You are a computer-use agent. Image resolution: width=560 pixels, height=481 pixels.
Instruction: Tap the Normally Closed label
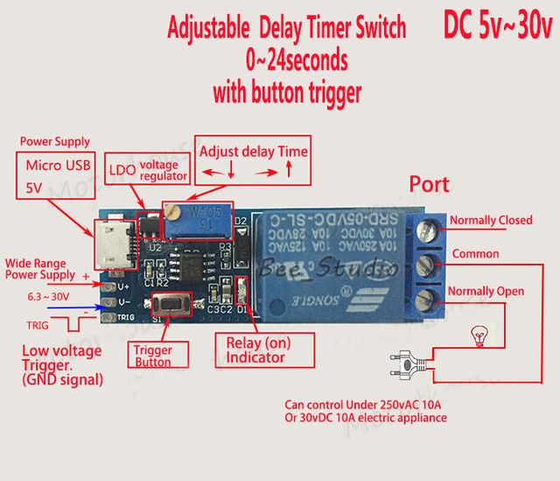click(x=490, y=220)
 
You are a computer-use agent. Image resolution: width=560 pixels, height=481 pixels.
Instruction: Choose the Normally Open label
click(x=486, y=291)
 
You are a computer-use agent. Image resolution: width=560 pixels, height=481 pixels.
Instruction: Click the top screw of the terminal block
click(x=430, y=229)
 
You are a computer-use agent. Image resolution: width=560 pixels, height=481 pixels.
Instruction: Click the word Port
click(x=429, y=184)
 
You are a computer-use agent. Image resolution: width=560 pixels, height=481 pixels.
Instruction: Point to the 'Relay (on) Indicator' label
click(x=255, y=350)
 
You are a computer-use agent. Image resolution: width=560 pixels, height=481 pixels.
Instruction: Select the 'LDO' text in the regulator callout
click(x=122, y=167)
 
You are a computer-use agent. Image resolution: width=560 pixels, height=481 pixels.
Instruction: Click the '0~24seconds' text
click(x=297, y=60)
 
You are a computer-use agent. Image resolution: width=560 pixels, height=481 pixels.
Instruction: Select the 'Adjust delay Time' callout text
click(x=254, y=152)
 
